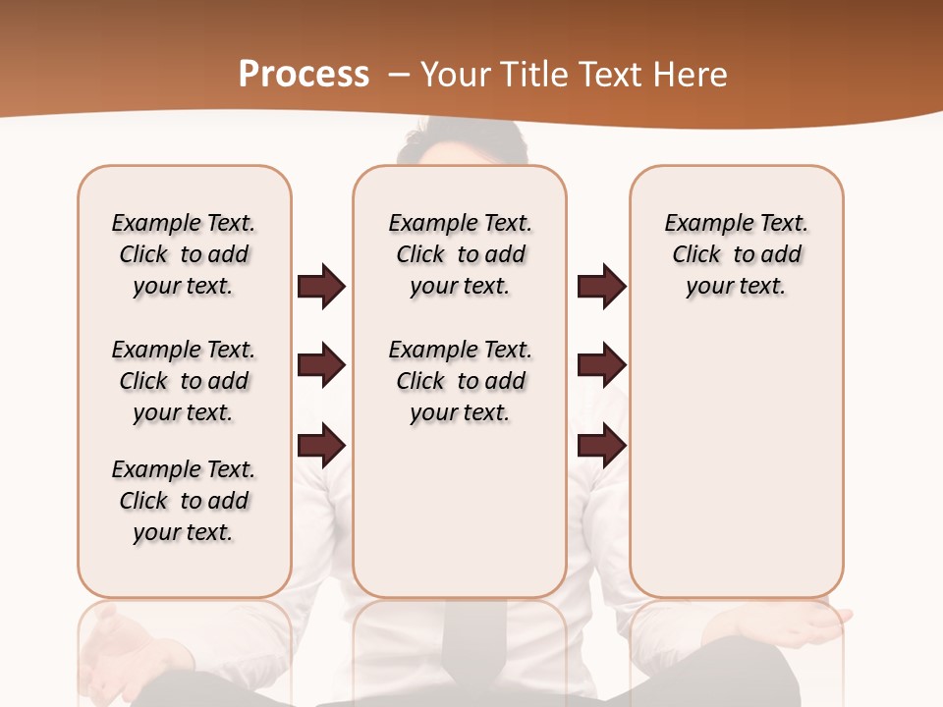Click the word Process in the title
pyautogui.click(x=304, y=75)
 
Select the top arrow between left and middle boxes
pyautogui.click(x=321, y=286)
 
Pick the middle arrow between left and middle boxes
pyautogui.click(x=321, y=365)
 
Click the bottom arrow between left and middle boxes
pyautogui.click(x=321, y=445)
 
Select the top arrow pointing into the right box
pyautogui.click(x=601, y=286)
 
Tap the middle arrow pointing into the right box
pyautogui.click(x=601, y=365)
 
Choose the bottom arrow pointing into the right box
pyautogui.click(x=601, y=445)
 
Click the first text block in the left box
pyautogui.click(x=184, y=254)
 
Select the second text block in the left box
pyautogui.click(x=184, y=381)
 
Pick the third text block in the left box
pyautogui.click(x=184, y=501)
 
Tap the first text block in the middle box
pyautogui.click(x=460, y=254)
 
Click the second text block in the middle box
pyautogui.click(x=460, y=381)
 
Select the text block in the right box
pyautogui.click(x=736, y=254)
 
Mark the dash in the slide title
pyautogui.click(x=399, y=75)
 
